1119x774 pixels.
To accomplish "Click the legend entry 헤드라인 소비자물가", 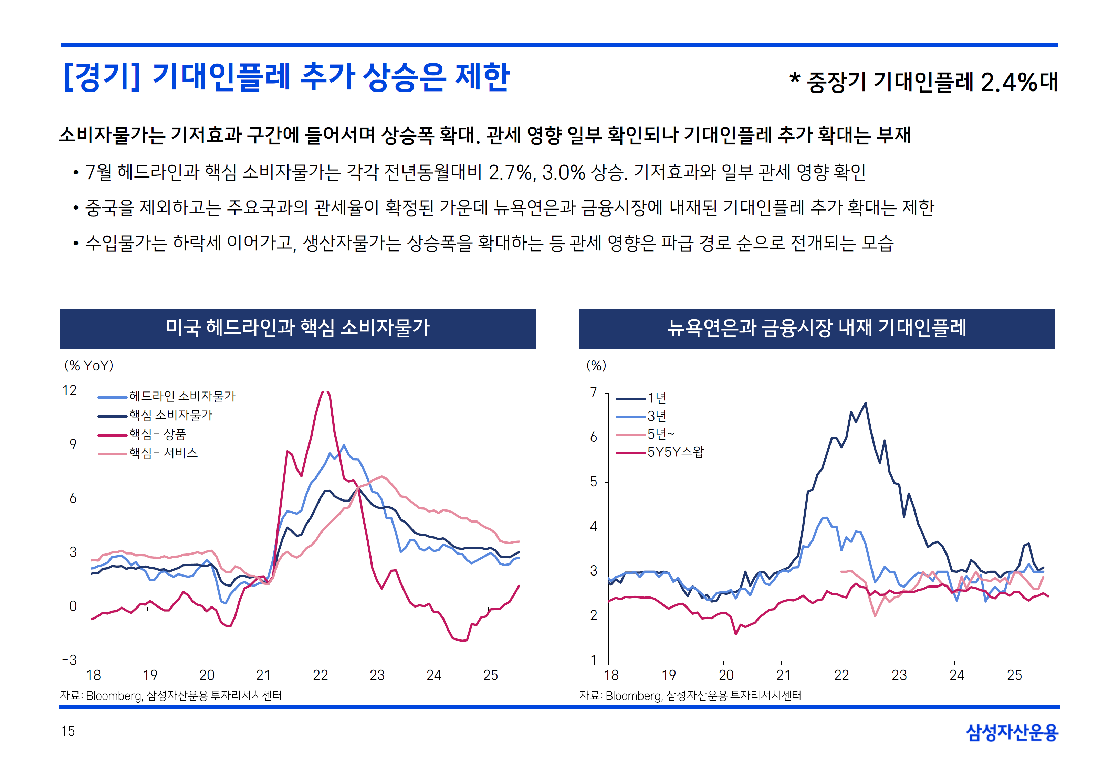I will point(182,397).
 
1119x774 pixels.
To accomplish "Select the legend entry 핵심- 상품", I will point(157,434).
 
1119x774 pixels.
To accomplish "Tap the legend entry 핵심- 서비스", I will point(163,453).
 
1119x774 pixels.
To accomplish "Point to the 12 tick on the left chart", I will point(70,390).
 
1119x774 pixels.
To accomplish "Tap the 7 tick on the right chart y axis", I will point(594,393).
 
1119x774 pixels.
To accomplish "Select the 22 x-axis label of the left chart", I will point(320,675).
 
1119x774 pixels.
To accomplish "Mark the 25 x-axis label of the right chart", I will point(1014,675).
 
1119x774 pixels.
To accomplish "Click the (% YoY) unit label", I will point(89,366).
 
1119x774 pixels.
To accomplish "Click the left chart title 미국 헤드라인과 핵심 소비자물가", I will point(297,328).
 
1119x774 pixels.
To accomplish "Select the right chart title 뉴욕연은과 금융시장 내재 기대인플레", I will point(817,328).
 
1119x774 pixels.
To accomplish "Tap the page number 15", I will point(68,731).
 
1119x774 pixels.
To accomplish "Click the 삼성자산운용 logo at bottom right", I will point(1012,732).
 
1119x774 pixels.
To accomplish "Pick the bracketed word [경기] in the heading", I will point(102,77).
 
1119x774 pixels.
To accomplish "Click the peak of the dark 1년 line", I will point(865,403).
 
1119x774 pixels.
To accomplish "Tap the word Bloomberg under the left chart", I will point(114,696).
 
